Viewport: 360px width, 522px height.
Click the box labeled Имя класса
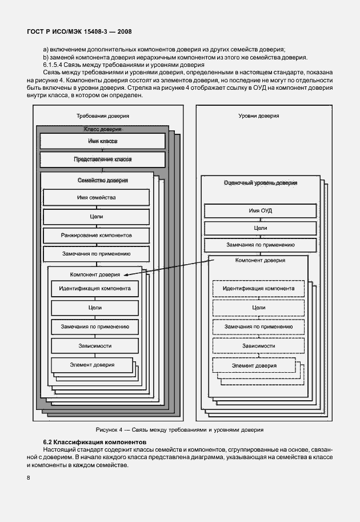(103, 141)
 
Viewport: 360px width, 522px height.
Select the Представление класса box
(103, 159)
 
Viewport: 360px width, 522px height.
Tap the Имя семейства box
(96, 198)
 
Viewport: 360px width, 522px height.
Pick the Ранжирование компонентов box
(96, 235)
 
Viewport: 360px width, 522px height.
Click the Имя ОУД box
(259, 210)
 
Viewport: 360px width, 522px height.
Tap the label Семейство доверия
(102, 180)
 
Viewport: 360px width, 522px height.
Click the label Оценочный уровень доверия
(261, 183)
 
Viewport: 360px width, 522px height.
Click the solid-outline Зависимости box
(95, 346)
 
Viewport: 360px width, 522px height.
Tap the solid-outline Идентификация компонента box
(95, 288)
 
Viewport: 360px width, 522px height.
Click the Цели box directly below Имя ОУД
(259, 228)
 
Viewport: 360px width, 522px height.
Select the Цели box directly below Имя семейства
(96, 217)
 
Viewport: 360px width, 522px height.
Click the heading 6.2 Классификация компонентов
(95, 443)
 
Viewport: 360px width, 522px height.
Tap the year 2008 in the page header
(123, 31)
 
